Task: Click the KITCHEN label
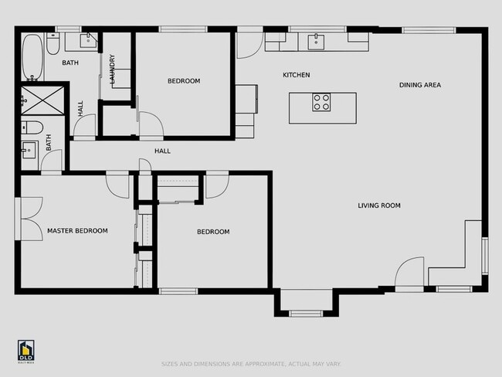296,75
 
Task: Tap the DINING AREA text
420,85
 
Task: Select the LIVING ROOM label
378,205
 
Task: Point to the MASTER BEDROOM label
77,231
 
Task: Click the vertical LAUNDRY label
113,69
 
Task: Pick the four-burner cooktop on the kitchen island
321,102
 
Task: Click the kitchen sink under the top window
317,42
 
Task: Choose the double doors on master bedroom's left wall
31,219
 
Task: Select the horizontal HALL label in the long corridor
162,151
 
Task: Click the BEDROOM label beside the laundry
184,81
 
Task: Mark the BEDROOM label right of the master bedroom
212,232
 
